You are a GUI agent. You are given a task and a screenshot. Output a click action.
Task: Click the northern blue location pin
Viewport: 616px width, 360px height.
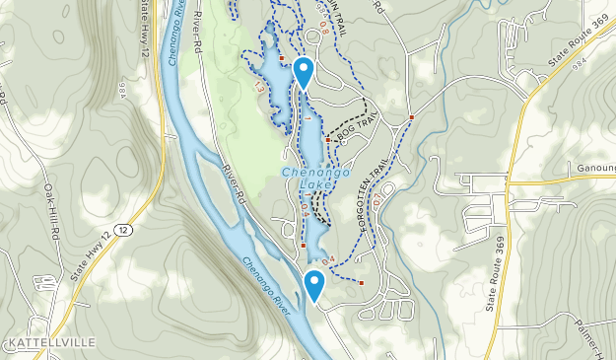tap(305, 72)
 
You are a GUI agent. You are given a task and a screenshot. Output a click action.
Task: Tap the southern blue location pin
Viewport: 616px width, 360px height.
tap(314, 285)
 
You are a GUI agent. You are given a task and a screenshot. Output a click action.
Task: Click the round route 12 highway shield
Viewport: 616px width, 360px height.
tap(121, 229)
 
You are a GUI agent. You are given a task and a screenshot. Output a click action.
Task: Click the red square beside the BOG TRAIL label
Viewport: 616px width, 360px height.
tap(329, 140)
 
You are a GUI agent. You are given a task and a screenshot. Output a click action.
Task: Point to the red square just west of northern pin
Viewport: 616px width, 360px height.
tap(282, 58)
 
